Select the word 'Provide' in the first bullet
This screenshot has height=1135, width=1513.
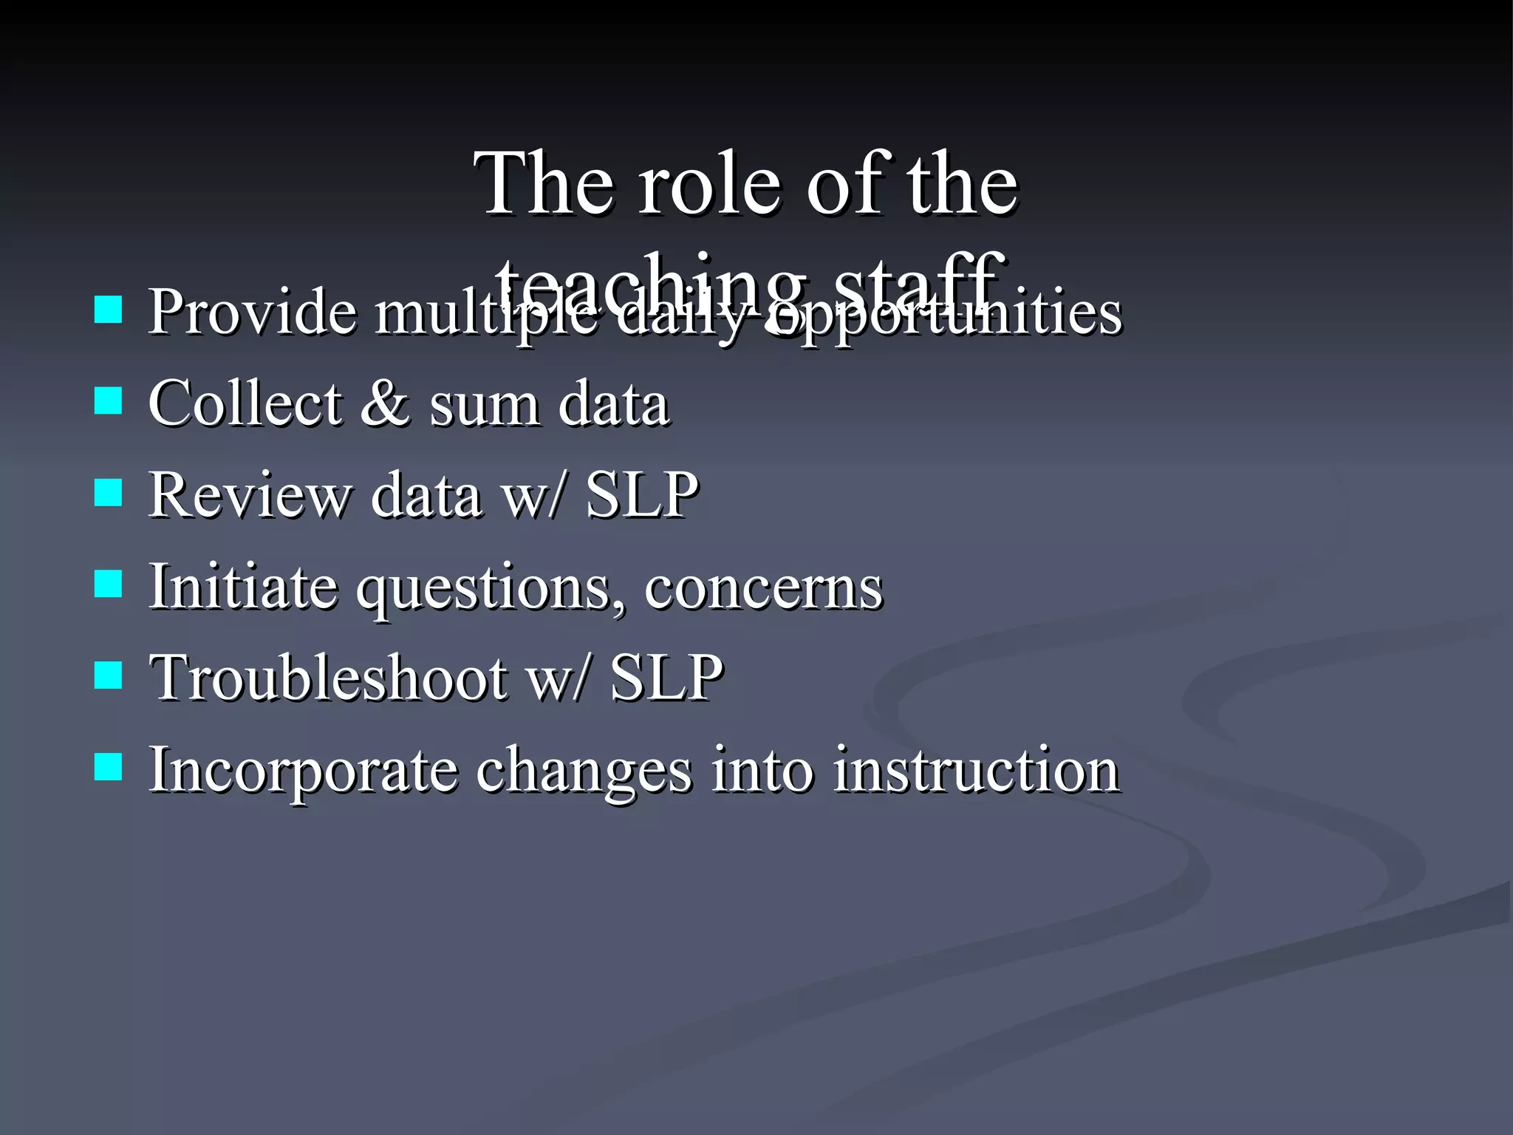point(252,311)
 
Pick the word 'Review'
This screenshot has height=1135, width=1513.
point(249,494)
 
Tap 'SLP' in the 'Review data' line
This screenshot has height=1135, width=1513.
point(641,494)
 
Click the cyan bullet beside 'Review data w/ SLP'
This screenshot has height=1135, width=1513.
point(109,493)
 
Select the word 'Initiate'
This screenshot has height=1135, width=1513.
point(243,586)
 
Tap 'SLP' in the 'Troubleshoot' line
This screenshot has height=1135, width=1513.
point(666,677)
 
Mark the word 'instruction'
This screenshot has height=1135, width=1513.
point(977,770)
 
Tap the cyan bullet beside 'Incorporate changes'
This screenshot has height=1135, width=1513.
point(109,768)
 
